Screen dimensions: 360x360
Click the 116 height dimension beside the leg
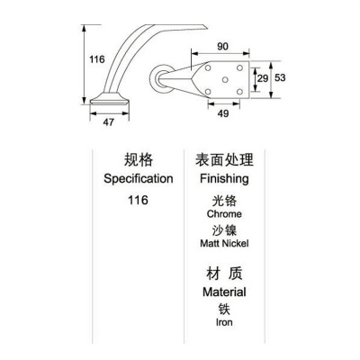click(97, 59)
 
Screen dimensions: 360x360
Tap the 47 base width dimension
click(109, 122)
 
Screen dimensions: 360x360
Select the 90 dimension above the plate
click(222, 47)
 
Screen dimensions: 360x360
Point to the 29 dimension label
click(263, 78)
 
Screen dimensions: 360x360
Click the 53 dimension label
click(280, 77)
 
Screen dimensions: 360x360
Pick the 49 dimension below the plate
click(223, 113)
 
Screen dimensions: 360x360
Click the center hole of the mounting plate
click(225, 80)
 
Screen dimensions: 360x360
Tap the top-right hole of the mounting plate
click(239, 67)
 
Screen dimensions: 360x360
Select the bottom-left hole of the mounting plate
click(208, 92)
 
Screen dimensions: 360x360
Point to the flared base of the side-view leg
click(110, 99)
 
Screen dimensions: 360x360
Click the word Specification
click(139, 179)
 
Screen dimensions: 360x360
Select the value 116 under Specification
click(138, 200)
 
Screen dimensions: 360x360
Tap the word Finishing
click(224, 179)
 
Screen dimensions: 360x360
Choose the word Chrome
click(224, 214)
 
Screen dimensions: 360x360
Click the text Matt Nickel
click(224, 243)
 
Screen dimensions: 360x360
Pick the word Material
click(224, 292)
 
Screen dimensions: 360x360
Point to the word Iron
click(224, 322)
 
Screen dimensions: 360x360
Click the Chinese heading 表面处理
click(224, 159)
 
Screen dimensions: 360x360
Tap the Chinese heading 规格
click(139, 159)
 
